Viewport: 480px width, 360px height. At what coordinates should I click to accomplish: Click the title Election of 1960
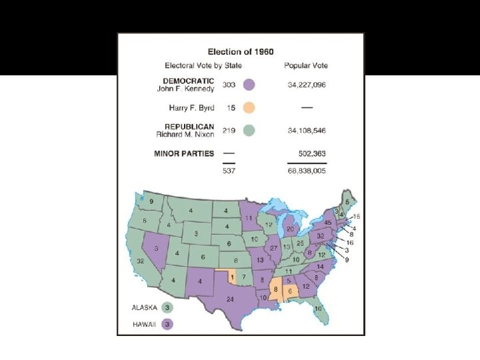click(241, 52)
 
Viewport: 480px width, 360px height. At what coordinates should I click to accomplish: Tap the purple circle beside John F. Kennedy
click(249, 85)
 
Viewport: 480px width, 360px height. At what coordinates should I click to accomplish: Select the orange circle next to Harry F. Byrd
click(249, 107)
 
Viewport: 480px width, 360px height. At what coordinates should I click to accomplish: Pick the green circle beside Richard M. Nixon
click(249, 130)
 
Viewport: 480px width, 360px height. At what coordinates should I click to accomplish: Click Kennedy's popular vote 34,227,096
click(306, 85)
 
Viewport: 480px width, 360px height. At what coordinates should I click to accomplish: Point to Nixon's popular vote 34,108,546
click(306, 130)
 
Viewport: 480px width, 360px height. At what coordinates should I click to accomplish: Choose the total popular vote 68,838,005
click(306, 170)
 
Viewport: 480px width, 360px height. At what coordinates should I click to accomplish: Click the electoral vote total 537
click(229, 170)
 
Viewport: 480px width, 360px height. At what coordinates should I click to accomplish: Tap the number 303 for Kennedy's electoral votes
click(229, 85)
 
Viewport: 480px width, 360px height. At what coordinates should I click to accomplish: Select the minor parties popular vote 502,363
click(310, 153)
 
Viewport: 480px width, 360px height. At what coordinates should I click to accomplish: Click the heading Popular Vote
click(306, 65)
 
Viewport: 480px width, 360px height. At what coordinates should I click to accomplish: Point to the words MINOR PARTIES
click(184, 153)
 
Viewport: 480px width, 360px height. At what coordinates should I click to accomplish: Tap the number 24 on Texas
click(230, 299)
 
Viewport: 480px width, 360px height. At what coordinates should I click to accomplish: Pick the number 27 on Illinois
click(274, 248)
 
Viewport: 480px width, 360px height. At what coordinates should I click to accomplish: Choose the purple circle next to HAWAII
click(168, 324)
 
